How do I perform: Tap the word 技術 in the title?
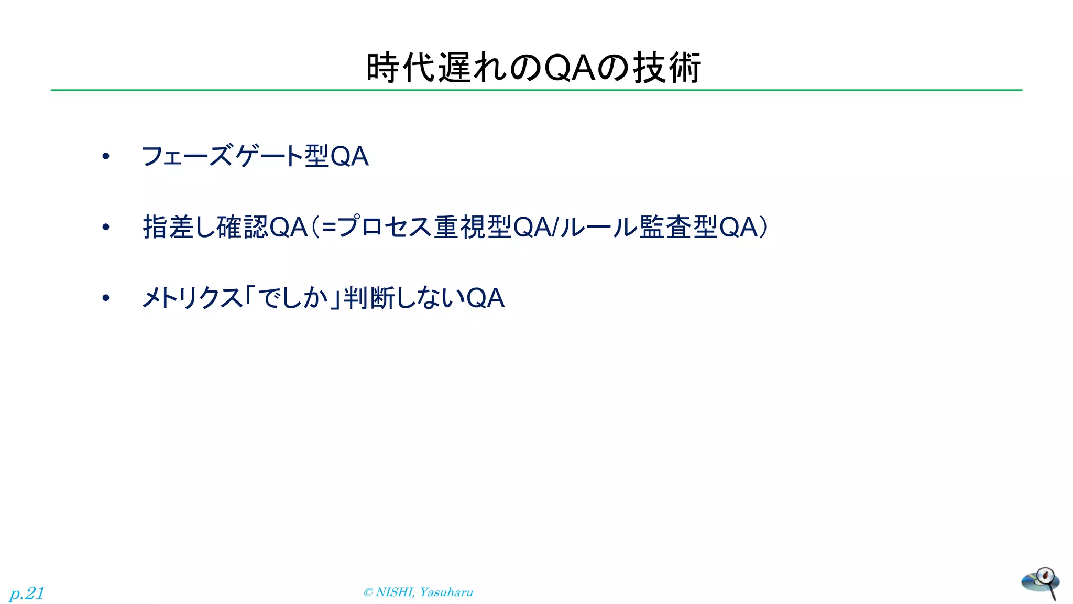(666, 68)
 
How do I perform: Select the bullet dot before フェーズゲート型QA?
(106, 156)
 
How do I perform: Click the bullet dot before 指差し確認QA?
(106, 227)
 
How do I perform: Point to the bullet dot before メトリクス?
(106, 298)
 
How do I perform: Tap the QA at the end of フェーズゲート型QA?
(349, 156)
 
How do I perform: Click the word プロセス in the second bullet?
(385, 227)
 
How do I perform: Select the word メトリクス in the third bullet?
(192, 298)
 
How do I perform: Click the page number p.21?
(27, 593)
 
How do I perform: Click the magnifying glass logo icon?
(1041, 583)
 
